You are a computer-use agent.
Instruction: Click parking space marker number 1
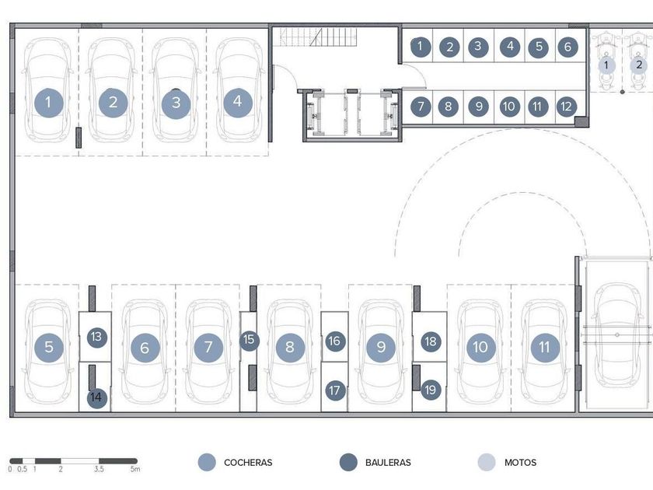(49, 101)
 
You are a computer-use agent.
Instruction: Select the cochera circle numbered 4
(237, 101)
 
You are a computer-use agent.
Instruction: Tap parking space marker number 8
(290, 347)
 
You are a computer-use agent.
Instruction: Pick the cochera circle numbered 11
(545, 347)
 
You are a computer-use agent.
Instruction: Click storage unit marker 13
(96, 337)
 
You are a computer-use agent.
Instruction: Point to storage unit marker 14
(96, 397)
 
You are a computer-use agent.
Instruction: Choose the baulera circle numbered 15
(249, 340)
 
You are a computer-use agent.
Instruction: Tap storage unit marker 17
(335, 390)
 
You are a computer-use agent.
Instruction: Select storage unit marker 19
(431, 390)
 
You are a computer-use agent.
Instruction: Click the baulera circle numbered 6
(567, 47)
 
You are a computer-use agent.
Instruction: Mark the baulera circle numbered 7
(420, 106)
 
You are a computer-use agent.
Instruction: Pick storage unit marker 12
(566, 106)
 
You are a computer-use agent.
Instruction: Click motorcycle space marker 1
(606, 65)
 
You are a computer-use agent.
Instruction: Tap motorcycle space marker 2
(639, 65)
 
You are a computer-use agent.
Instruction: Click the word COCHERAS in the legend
(248, 463)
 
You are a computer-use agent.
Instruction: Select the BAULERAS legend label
(388, 463)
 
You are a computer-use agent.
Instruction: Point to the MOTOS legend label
(520, 463)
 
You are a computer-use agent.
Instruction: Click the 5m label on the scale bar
(134, 470)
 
